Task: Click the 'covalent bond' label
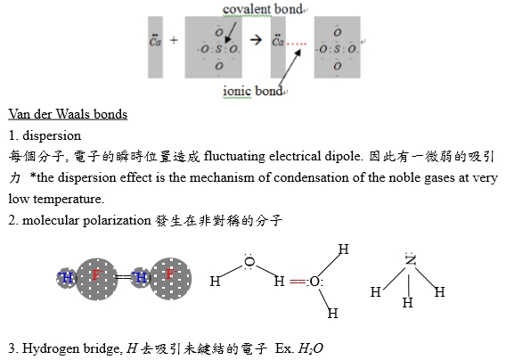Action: tap(263, 9)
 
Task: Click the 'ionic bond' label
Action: tap(253, 91)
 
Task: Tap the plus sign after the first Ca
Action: tap(174, 40)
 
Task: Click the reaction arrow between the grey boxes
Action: tap(256, 40)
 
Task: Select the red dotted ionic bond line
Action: tap(297, 44)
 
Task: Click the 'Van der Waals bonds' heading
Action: tap(68, 114)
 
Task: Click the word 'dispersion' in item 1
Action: tap(52, 135)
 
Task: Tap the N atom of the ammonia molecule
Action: tap(411, 260)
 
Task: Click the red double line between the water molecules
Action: tap(298, 282)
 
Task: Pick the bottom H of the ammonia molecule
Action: tap(408, 303)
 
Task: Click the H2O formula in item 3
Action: tap(310, 348)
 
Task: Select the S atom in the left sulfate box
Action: tap(219, 49)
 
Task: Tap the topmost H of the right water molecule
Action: tap(343, 250)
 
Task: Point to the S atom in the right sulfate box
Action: tap(337, 49)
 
